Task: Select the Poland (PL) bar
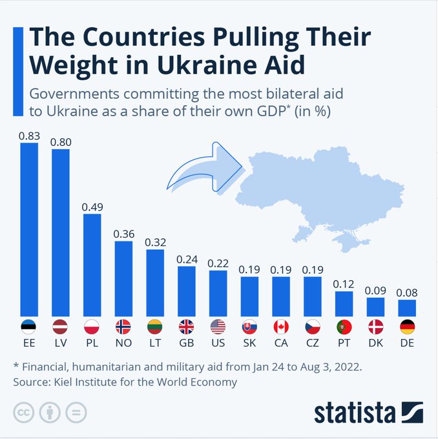click(92, 264)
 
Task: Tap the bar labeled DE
click(407, 307)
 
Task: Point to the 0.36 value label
click(123, 234)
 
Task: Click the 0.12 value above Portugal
click(344, 283)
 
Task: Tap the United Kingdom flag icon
click(186, 326)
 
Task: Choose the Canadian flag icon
click(281, 326)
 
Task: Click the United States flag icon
click(218, 326)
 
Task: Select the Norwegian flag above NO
click(123, 326)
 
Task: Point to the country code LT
click(155, 342)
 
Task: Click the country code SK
click(249, 342)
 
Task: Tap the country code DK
click(375, 342)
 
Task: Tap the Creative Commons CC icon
click(24, 412)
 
